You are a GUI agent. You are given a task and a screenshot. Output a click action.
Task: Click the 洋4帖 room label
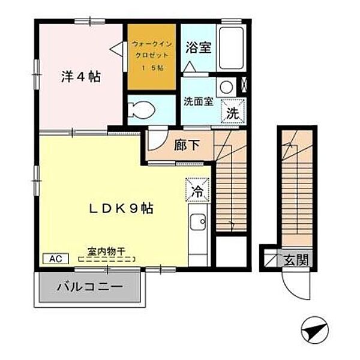(80, 77)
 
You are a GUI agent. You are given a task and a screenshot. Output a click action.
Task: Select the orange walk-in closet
(151, 56)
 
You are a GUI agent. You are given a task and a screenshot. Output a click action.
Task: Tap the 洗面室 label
(198, 101)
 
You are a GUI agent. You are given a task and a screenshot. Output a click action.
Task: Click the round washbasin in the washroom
(226, 86)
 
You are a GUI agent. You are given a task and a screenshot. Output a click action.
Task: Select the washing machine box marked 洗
(232, 111)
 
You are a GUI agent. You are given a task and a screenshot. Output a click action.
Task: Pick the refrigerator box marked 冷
(197, 191)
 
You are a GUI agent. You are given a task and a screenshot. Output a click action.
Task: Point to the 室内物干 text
(106, 253)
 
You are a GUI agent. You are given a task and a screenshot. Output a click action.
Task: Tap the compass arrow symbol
(314, 329)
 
